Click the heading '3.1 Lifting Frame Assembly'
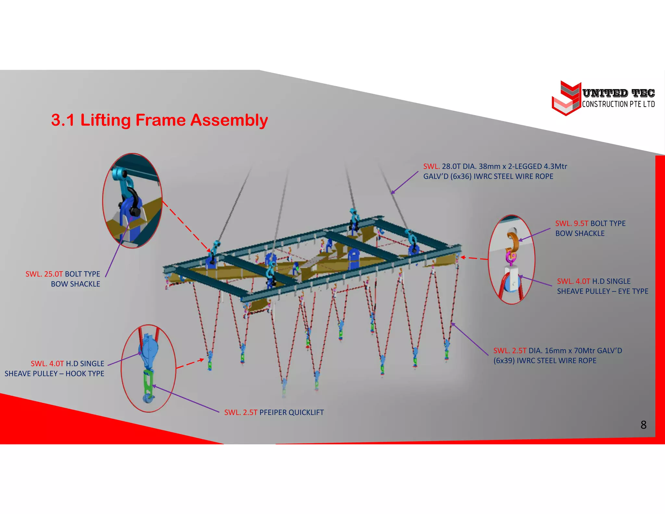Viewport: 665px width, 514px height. pyautogui.click(x=159, y=120)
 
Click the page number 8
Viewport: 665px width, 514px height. pyautogui.click(x=643, y=425)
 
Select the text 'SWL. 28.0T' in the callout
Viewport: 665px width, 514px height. pyautogui.click(x=432, y=166)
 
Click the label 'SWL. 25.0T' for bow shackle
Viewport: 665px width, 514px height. pyautogui.click(x=44, y=274)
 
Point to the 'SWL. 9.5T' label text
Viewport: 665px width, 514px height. pyautogui.click(x=571, y=223)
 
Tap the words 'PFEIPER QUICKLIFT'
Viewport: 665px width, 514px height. pyautogui.click(x=291, y=412)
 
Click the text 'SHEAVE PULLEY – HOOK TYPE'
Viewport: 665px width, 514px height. pyautogui.click(x=55, y=374)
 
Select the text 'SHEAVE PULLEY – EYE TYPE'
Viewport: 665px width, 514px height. pyautogui.click(x=602, y=291)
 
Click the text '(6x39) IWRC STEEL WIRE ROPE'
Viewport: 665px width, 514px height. pyautogui.click(x=545, y=361)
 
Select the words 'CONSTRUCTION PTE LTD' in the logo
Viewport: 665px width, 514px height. pyautogui.click(x=618, y=104)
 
